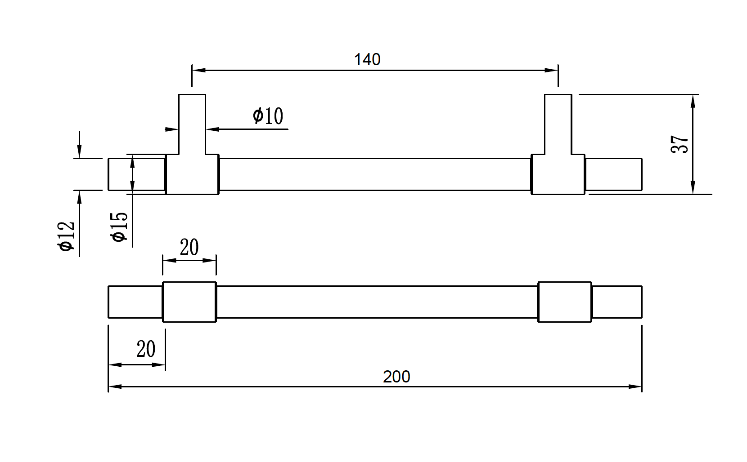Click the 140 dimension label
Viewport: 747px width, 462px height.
(x=367, y=60)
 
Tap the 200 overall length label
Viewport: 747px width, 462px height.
(x=396, y=377)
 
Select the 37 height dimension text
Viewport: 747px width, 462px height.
(x=679, y=144)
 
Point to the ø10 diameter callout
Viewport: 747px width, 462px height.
(x=268, y=116)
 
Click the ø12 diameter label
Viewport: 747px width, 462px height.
(x=67, y=236)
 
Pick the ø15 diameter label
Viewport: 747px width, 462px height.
(x=120, y=227)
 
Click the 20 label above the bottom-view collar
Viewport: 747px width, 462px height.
(x=189, y=247)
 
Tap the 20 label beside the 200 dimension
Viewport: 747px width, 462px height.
(x=146, y=349)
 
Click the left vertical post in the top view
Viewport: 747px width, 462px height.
(x=192, y=124)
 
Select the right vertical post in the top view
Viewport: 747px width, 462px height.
(x=558, y=124)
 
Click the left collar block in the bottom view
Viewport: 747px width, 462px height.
(x=189, y=302)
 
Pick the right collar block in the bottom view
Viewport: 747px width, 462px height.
(x=565, y=302)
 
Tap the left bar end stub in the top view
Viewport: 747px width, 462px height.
(x=136, y=174)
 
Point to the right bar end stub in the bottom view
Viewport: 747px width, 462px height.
(x=617, y=302)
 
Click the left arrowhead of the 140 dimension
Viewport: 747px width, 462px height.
(x=198, y=70)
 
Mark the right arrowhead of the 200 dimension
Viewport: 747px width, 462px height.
(x=635, y=386)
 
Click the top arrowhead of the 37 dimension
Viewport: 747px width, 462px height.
(x=693, y=101)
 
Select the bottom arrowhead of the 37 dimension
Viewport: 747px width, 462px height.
(x=693, y=188)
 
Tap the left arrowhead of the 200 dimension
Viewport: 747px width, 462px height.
(x=115, y=386)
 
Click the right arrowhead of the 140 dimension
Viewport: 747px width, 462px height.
(x=552, y=70)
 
